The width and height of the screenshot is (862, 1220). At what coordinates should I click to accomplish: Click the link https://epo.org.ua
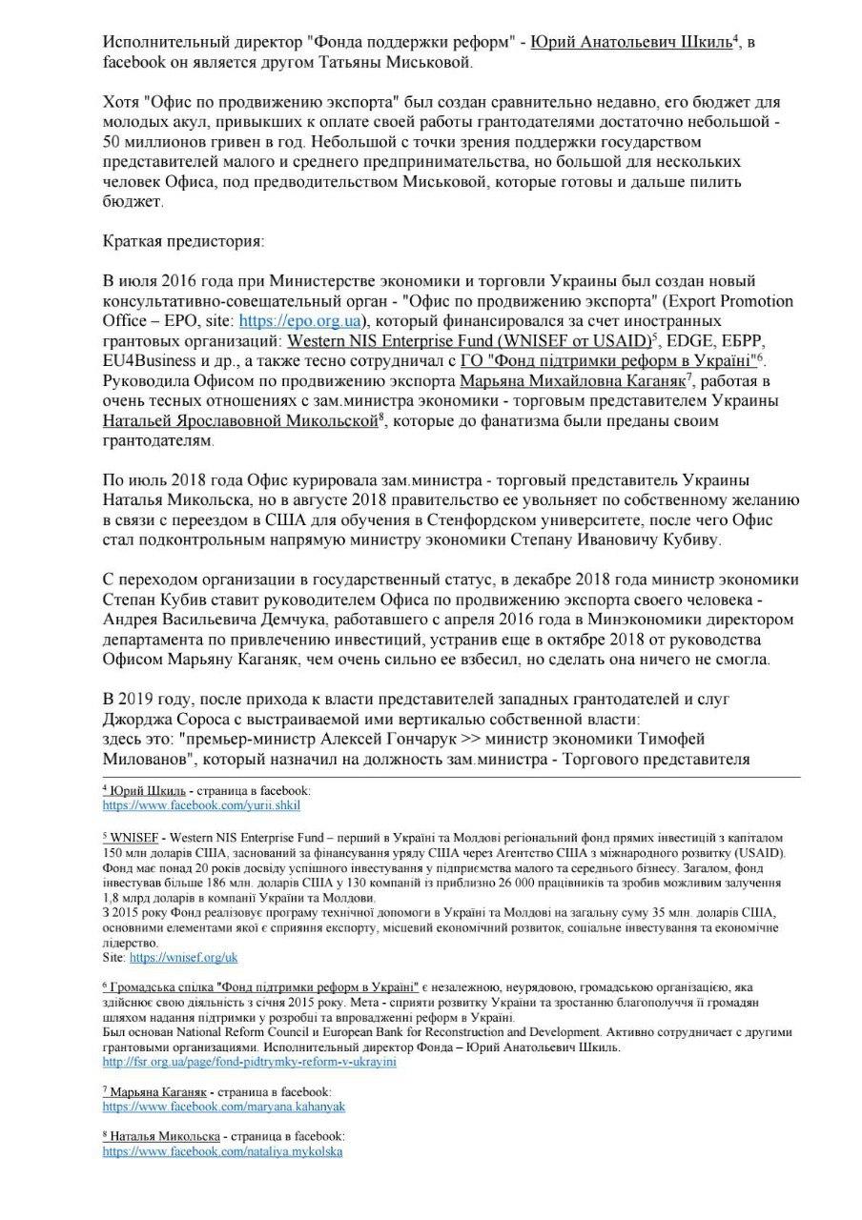(292, 321)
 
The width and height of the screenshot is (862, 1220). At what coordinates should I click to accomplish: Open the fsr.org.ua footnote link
(249, 1062)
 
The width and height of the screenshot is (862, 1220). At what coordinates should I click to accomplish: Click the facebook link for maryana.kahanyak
(223, 1107)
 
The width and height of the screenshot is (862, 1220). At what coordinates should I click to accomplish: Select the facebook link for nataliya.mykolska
(222, 1151)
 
